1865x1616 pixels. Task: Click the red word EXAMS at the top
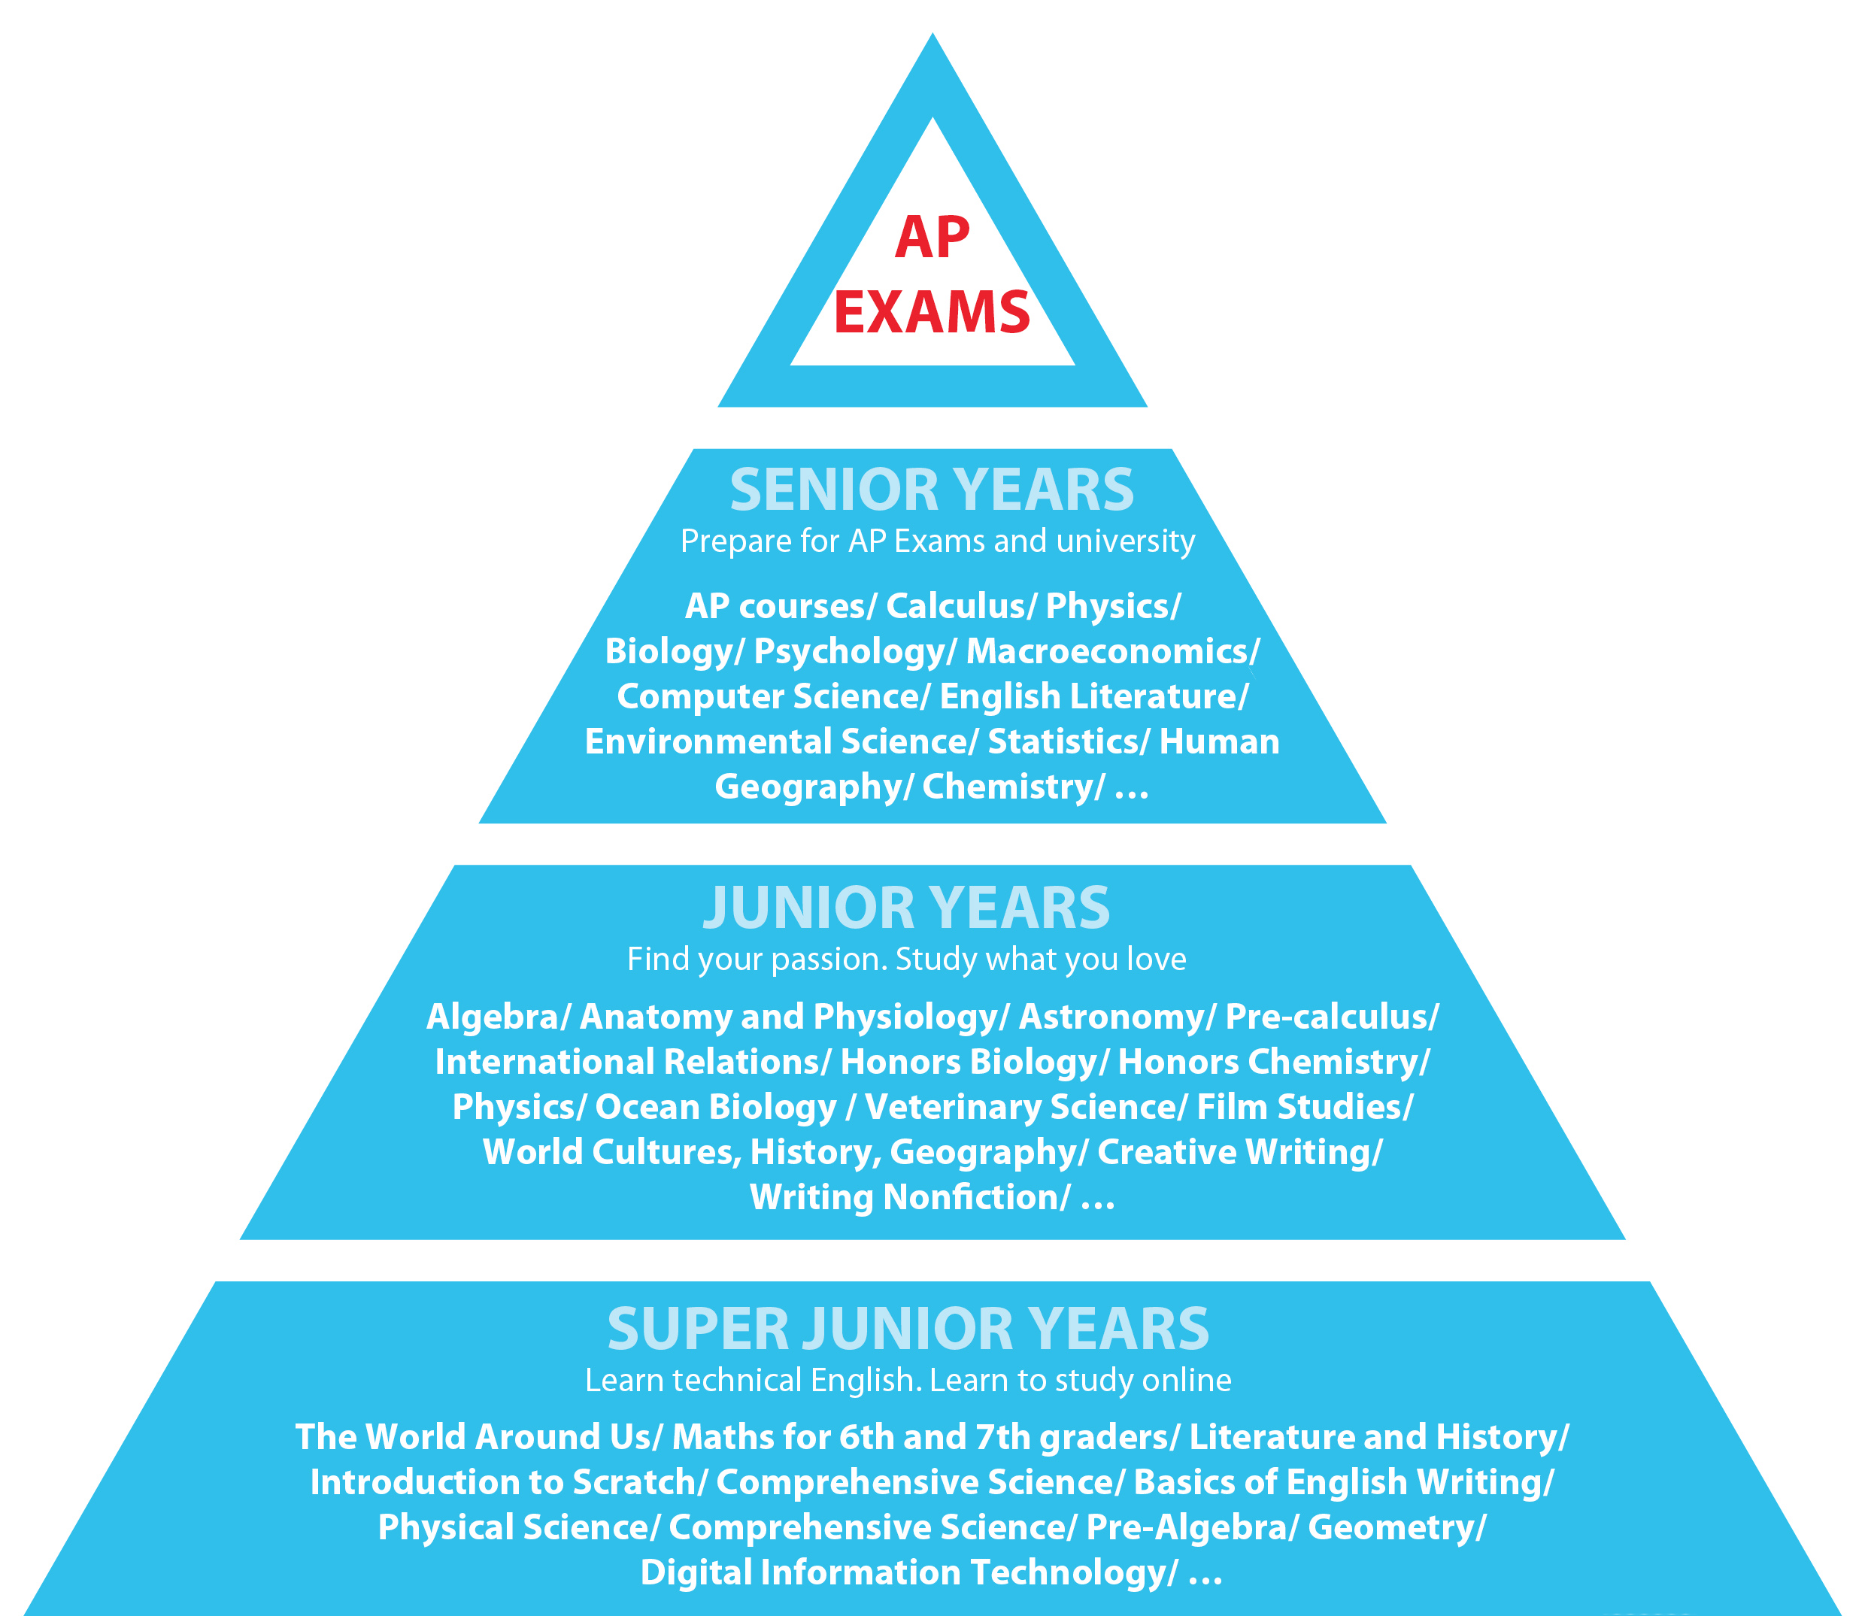click(932, 312)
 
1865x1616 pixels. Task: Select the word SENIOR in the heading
click(834, 490)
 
